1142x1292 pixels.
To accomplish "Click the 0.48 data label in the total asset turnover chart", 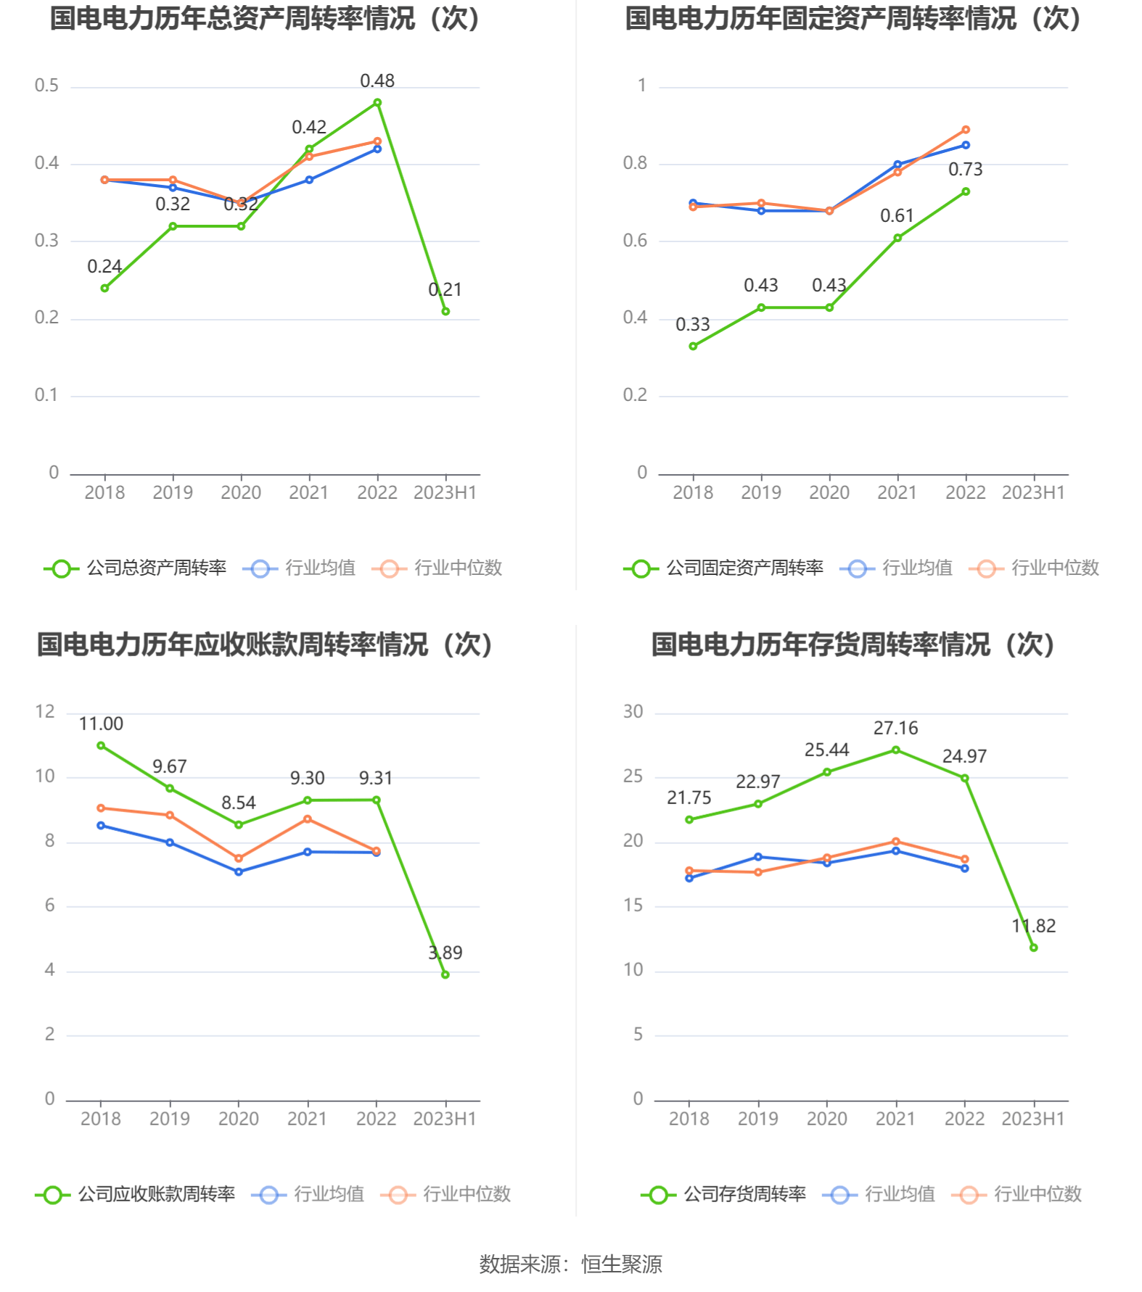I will pos(377,81).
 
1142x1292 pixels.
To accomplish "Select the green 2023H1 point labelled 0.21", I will pos(445,311).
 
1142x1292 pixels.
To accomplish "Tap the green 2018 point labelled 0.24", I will pos(104,288).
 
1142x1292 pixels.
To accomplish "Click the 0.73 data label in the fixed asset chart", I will pos(965,170).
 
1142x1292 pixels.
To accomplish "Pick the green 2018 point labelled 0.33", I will pos(693,346).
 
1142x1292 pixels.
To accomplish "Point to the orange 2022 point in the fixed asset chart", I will pos(966,130).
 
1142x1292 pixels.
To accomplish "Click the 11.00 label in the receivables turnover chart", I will pos(101,724).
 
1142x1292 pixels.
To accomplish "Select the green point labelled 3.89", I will pos(445,974).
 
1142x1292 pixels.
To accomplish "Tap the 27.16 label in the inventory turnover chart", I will pos(895,728).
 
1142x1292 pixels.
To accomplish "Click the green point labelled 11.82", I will pos(1033,948).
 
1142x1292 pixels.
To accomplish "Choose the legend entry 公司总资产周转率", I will pos(136,568).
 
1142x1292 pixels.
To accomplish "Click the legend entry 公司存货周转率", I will pos(724,1194).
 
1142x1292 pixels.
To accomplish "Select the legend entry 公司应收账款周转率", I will pos(136,1194).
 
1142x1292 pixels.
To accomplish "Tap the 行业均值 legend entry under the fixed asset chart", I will pos(897,568).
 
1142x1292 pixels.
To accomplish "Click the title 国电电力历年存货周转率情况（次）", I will pos(853,645).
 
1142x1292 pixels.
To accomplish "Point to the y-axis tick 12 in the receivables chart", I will pos(45,712).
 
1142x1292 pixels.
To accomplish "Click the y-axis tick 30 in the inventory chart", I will pos(633,712).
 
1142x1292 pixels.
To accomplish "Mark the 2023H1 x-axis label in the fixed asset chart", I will pos(1033,493).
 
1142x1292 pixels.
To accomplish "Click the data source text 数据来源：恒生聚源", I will pos(570,1264).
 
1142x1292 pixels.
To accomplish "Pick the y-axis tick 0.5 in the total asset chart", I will pos(47,86).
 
